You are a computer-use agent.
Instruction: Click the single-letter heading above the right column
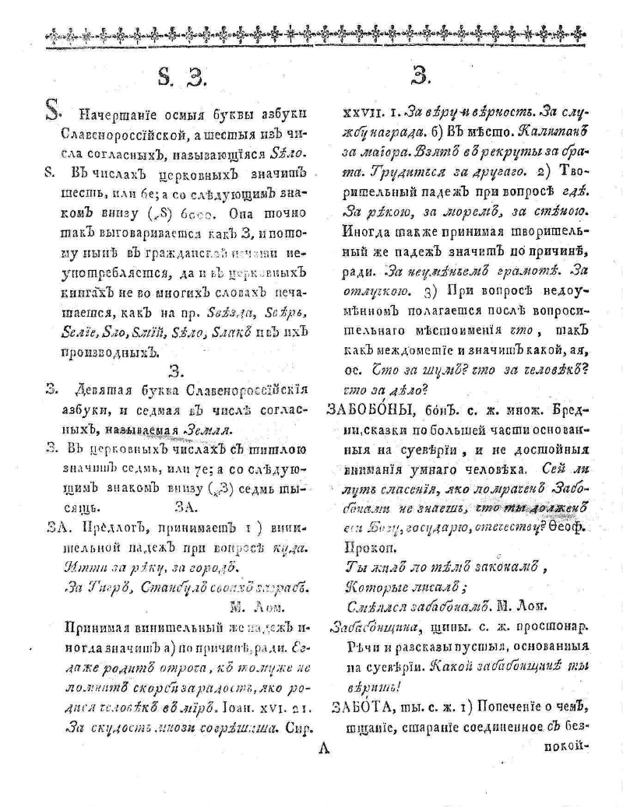point(421,75)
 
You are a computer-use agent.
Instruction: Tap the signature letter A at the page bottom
point(326,750)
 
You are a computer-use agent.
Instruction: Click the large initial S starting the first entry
point(50,116)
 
